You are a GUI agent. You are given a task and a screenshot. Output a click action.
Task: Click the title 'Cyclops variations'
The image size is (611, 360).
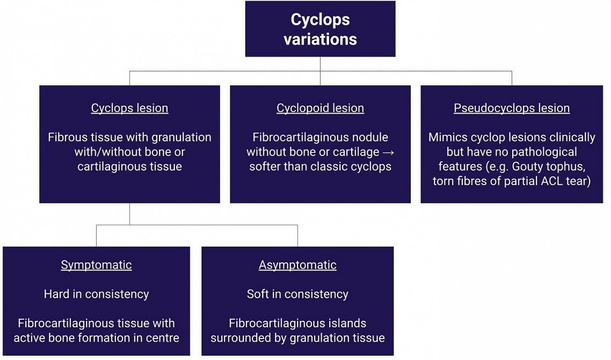tap(321, 29)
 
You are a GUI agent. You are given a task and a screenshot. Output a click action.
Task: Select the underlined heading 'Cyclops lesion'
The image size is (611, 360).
tap(130, 108)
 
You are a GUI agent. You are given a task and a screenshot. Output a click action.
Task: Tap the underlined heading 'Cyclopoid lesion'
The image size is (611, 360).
tap(321, 108)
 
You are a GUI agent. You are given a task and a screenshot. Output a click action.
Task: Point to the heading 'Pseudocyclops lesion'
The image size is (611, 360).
tap(512, 108)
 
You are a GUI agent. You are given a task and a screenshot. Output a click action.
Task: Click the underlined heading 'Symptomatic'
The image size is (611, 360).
tap(96, 265)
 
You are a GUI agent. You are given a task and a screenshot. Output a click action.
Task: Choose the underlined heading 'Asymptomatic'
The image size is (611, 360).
tap(297, 265)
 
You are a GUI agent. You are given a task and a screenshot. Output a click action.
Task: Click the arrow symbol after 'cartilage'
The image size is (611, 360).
tap(389, 152)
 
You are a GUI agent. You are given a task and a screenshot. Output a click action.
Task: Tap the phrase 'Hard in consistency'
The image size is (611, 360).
tap(96, 294)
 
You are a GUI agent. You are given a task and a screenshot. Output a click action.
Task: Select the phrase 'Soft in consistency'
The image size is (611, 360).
tap(297, 294)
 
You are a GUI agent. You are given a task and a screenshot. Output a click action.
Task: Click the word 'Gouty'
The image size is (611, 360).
tap(528, 167)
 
